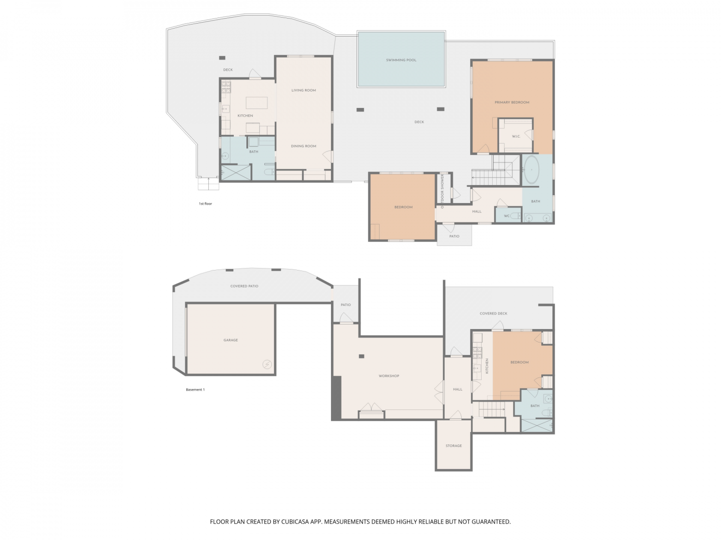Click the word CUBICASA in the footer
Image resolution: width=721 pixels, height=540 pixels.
coord(295,521)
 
